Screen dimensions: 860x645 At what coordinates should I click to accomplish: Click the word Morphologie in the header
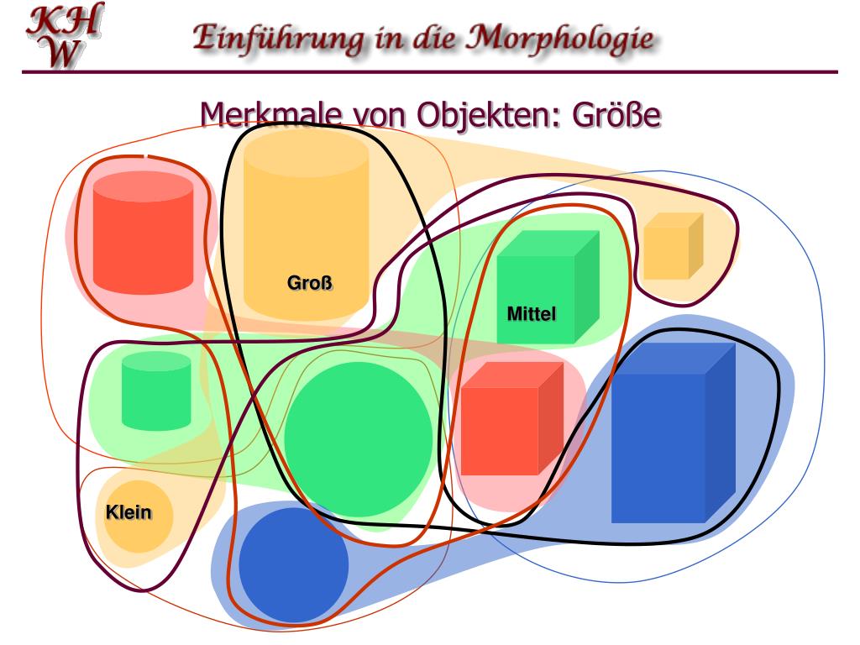click(560, 39)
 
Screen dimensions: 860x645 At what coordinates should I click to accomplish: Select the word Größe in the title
click(616, 114)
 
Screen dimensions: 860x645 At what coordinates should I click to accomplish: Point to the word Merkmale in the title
click(271, 114)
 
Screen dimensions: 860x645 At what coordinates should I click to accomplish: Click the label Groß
click(310, 283)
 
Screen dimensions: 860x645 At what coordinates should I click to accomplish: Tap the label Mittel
click(532, 314)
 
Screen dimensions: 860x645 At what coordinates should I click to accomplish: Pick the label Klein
click(128, 512)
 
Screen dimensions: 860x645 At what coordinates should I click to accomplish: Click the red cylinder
click(143, 233)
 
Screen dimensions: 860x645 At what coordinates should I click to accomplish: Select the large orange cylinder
click(306, 225)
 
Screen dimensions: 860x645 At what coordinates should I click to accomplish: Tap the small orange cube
click(673, 246)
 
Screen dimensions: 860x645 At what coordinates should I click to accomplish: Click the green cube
click(548, 287)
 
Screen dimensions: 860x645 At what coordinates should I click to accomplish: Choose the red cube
click(512, 418)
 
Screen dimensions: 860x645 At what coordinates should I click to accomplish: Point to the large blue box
click(673, 433)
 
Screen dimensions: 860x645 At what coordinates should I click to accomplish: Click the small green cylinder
click(156, 391)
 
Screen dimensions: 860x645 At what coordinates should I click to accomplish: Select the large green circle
click(359, 439)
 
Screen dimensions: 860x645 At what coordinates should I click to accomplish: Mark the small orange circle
click(139, 517)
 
